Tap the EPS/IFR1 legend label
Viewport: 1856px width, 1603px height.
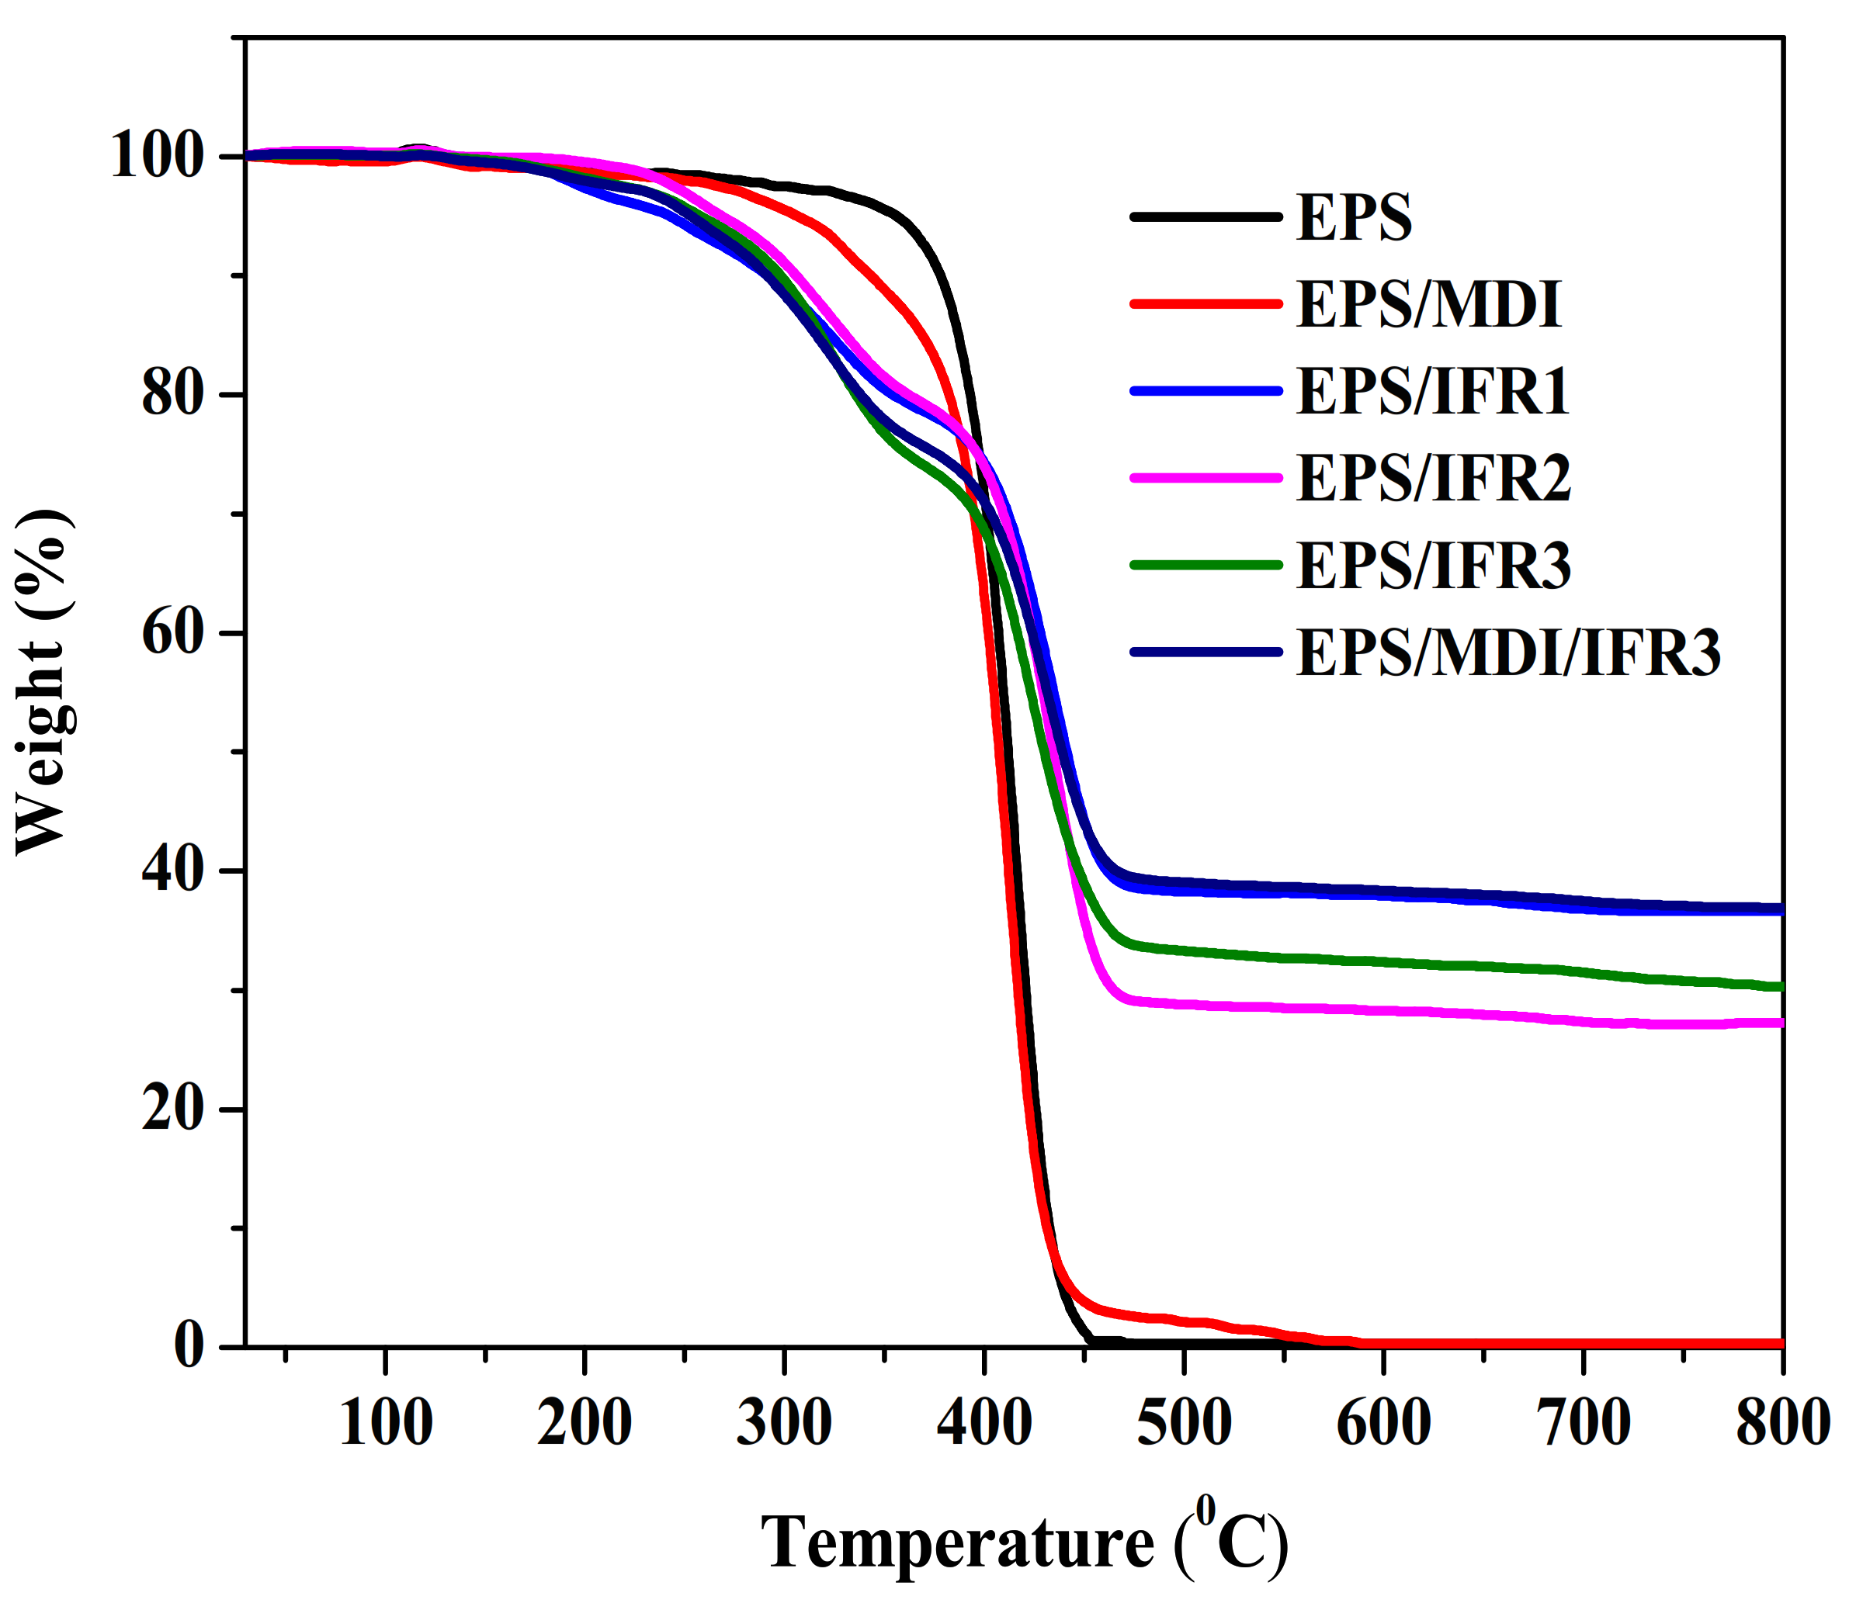1432,391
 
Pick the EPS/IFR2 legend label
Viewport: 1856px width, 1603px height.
1432,478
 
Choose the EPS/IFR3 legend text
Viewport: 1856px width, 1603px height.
1432,565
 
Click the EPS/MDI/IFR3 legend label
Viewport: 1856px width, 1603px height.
1507,652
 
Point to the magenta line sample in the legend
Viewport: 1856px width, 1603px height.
1206,478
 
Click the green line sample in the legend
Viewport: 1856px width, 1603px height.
1206,565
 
